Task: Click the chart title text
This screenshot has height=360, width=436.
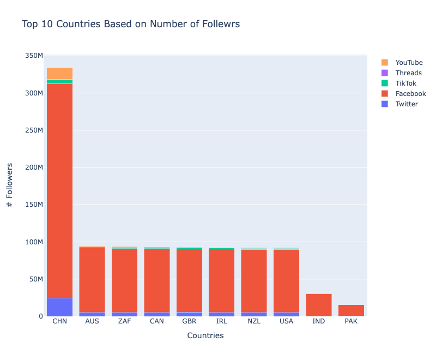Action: pyautogui.click(x=131, y=25)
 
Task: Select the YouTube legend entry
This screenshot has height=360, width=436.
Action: pyautogui.click(x=409, y=63)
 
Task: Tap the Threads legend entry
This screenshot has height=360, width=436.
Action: pyautogui.click(x=408, y=73)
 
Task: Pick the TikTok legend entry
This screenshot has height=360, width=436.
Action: pyautogui.click(x=405, y=83)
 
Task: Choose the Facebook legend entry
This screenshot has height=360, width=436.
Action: pyautogui.click(x=410, y=94)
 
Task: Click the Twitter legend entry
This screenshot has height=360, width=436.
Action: pyautogui.click(x=407, y=104)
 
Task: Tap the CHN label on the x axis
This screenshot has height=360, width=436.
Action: pyautogui.click(x=59, y=321)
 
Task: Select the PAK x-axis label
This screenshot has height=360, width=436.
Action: pyautogui.click(x=351, y=321)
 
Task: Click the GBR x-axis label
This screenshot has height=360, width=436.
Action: pyautogui.click(x=189, y=321)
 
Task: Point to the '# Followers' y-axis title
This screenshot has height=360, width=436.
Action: pyautogui.click(x=10, y=185)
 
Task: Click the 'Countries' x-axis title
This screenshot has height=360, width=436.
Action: pyautogui.click(x=205, y=336)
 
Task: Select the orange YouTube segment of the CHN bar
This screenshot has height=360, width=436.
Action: pyautogui.click(x=59, y=74)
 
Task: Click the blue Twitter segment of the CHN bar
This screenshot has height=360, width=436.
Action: pyautogui.click(x=59, y=307)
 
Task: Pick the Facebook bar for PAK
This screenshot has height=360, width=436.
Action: pyautogui.click(x=351, y=310)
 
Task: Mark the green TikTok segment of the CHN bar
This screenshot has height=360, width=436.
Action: pyautogui.click(x=59, y=82)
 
